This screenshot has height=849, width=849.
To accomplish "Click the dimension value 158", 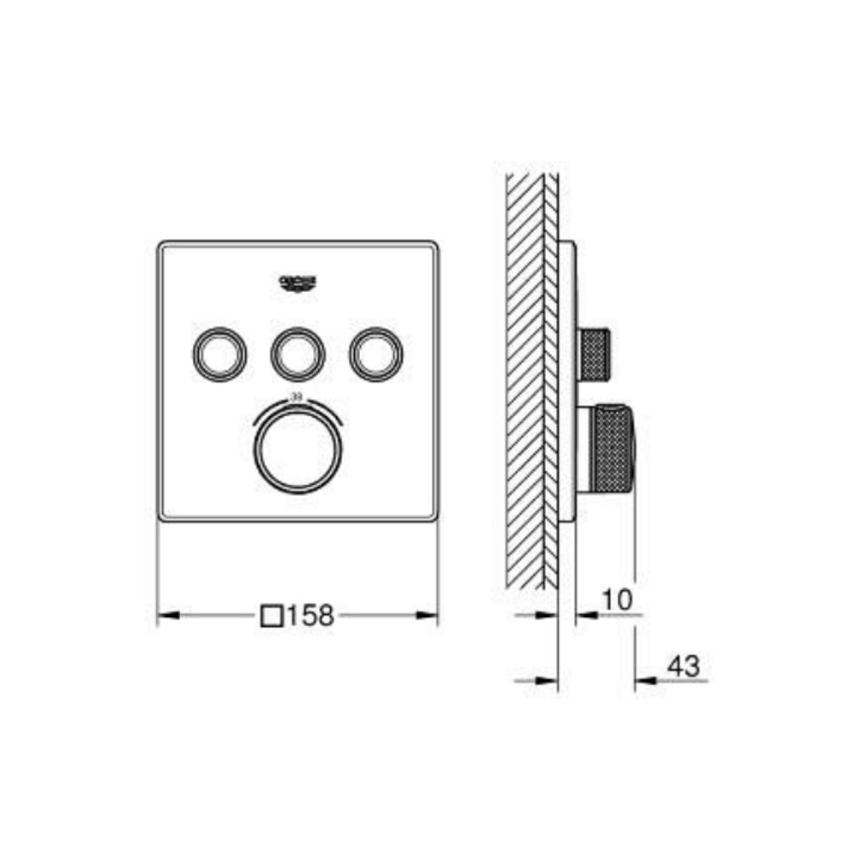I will (x=310, y=616).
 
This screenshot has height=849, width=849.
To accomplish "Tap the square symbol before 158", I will (x=272, y=616).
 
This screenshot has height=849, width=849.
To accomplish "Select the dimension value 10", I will (x=617, y=600).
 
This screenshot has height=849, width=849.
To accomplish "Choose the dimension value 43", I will (x=683, y=667).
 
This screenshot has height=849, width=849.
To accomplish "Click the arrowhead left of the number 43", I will (x=642, y=680).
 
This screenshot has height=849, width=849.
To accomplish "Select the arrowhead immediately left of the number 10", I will (x=583, y=613).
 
